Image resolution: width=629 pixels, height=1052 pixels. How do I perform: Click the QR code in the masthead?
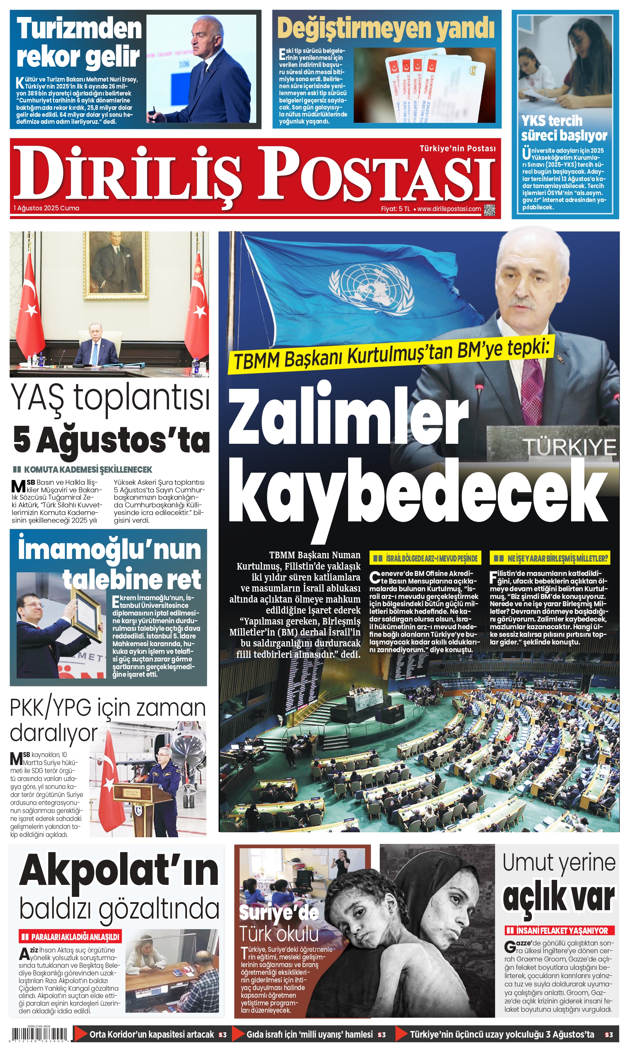pyautogui.click(x=489, y=210)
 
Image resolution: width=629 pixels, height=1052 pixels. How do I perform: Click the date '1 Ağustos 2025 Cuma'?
pyautogui.click(x=46, y=208)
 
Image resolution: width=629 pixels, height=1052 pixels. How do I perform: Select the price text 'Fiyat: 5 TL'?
pyautogui.click(x=395, y=209)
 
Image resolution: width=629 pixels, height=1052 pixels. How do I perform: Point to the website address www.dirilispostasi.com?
pyautogui.click(x=449, y=209)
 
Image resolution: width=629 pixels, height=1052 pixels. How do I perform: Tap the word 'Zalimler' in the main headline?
pyautogui.click(x=347, y=417)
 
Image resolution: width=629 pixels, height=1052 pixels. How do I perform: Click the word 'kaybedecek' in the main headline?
pyautogui.click(x=417, y=492)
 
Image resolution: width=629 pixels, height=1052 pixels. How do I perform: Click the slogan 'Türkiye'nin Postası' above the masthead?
pyautogui.click(x=457, y=148)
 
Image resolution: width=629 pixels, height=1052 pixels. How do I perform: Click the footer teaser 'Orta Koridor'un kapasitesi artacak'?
pyautogui.click(x=151, y=1035)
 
